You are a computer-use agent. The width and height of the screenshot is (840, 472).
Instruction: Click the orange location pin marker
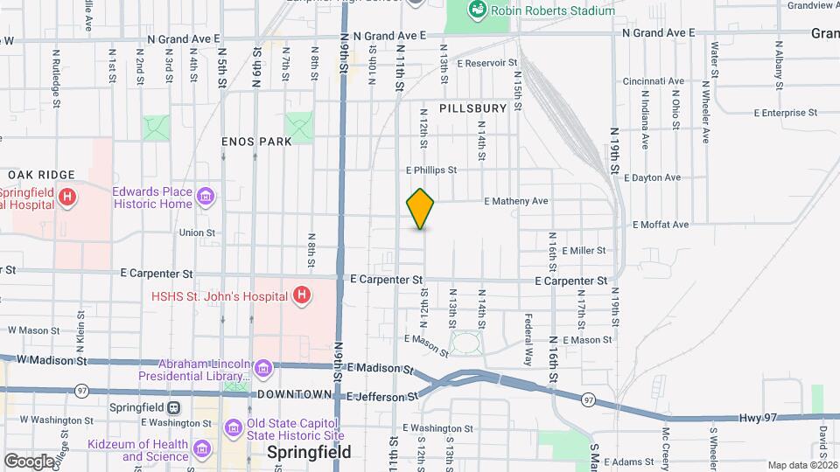tap(421, 209)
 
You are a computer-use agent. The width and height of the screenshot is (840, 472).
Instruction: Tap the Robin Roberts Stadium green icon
tap(478, 10)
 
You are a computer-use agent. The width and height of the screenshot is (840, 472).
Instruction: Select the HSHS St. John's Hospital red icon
tap(301, 295)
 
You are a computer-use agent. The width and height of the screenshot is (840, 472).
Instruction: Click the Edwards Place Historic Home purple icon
tap(205, 194)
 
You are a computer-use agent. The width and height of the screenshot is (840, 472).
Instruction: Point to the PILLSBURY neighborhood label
tap(473, 108)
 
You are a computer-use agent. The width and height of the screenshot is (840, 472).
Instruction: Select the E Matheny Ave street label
tap(516, 201)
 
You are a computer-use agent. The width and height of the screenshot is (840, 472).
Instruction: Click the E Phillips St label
tap(431, 170)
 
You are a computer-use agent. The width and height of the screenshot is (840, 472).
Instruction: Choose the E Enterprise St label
tap(785, 113)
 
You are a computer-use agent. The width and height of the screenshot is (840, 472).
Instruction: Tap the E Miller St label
tap(584, 251)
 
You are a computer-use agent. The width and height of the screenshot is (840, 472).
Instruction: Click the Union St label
tap(197, 233)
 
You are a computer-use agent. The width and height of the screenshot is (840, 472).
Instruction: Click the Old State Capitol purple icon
tap(233, 427)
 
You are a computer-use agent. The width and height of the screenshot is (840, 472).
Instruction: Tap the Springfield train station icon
tap(174, 407)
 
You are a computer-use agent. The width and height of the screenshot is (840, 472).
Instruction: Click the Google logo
tap(29, 461)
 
